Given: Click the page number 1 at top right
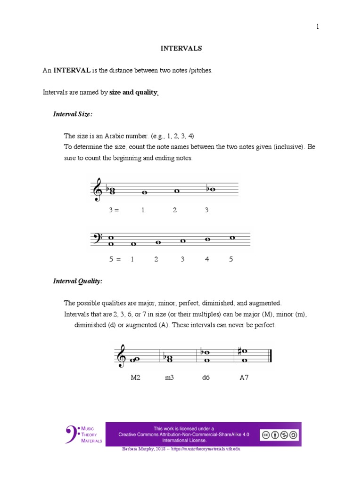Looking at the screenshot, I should [x=318, y=27].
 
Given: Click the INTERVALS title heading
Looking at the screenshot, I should [x=181, y=48].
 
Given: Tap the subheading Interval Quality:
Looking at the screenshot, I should [x=77, y=281].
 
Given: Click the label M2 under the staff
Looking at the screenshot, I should [x=136, y=378].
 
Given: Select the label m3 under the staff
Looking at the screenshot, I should [x=169, y=378].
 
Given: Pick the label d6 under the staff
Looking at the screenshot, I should [x=206, y=378].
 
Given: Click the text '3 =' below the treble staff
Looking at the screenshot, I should [x=114, y=210].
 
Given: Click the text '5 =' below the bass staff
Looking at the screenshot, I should [x=115, y=259].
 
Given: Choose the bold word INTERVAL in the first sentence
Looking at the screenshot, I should [x=72, y=71].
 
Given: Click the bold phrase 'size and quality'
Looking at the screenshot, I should [x=133, y=93].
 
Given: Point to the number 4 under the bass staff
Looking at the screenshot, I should [x=207, y=259].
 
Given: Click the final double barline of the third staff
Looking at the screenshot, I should [x=270, y=356].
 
